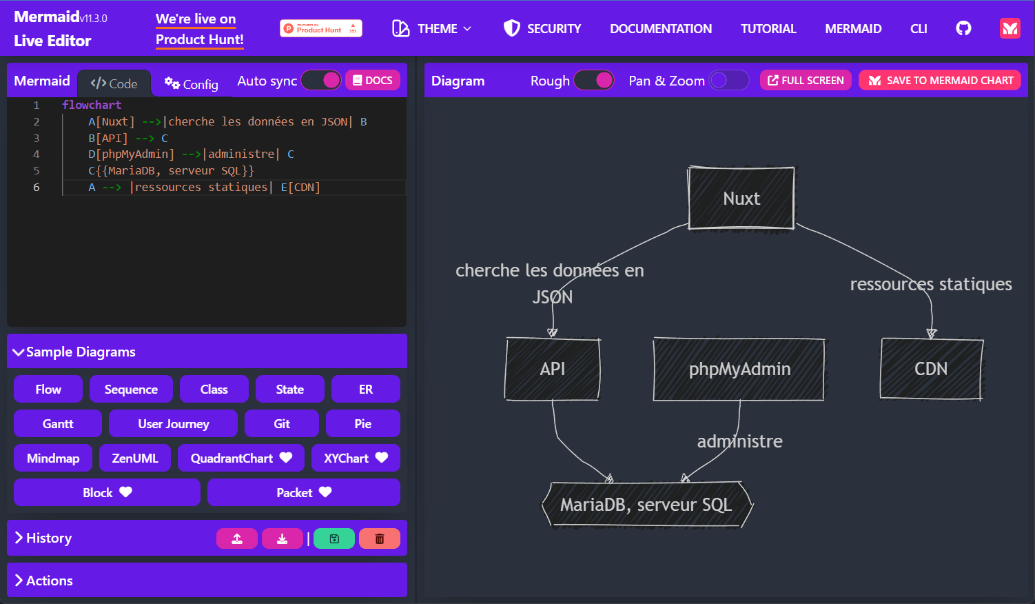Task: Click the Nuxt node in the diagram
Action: point(741,198)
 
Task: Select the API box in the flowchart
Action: point(553,369)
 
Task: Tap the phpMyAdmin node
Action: point(739,369)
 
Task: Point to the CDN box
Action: point(931,369)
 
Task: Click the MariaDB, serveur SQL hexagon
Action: point(647,505)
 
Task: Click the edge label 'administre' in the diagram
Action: point(740,441)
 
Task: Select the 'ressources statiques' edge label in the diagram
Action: point(930,284)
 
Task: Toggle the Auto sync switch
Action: point(321,81)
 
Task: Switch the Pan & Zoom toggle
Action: point(728,81)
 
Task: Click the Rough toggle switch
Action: point(594,81)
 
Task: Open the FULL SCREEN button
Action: point(806,81)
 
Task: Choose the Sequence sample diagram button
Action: point(131,390)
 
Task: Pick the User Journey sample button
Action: point(173,423)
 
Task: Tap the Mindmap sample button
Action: point(53,458)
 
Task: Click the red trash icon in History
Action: point(380,538)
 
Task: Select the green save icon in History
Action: point(334,538)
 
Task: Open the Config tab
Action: point(192,83)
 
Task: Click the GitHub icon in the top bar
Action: point(963,29)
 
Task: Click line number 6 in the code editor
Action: point(36,188)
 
